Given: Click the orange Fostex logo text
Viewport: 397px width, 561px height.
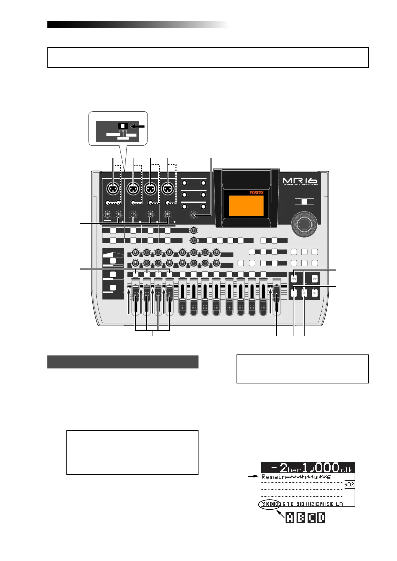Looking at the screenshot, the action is click(257, 193).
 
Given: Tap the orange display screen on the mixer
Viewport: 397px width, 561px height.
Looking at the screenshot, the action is click(246, 206).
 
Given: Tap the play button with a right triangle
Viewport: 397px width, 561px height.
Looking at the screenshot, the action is click(315, 293).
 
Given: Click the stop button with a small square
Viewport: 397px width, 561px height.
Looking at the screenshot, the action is click(304, 293).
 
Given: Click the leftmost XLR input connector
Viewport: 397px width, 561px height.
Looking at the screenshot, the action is click(113, 189).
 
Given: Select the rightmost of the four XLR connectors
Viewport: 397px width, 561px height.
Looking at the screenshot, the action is click(168, 189).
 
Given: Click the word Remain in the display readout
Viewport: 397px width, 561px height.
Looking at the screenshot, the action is click(271, 477).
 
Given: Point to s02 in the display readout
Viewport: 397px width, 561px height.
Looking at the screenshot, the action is click(349, 484).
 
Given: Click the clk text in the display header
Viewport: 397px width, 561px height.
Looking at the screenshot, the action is click(347, 470).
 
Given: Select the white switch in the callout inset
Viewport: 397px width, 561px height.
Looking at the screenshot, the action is click(123, 126).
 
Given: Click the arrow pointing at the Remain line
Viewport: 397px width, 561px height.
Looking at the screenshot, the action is click(253, 477).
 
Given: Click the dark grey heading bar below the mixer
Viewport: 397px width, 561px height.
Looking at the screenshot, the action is click(123, 362).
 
